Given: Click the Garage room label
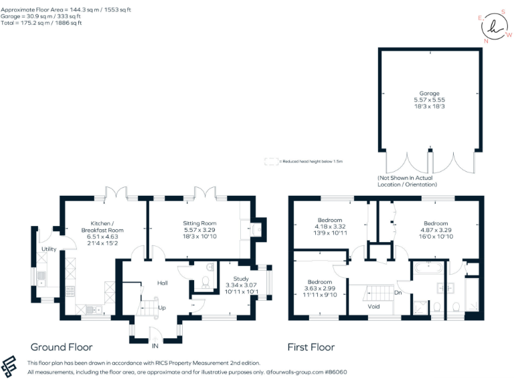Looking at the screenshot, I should [x=429, y=94].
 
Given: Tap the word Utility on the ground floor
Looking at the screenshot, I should [x=49, y=249].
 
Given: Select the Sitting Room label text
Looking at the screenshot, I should [x=199, y=223].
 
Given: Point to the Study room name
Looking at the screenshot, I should [x=241, y=278].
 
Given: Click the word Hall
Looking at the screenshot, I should [x=162, y=283].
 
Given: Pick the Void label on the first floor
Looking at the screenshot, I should [x=375, y=306].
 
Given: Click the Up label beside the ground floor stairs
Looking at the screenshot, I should [x=162, y=307].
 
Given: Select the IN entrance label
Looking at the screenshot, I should [x=155, y=346].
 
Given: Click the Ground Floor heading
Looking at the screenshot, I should [x=62, y=347].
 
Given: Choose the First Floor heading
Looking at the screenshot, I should [x=311, y=347].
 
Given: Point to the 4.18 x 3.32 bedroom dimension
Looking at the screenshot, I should [x=330, y=227].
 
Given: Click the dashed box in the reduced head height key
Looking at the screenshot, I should [x=270, y=161].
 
